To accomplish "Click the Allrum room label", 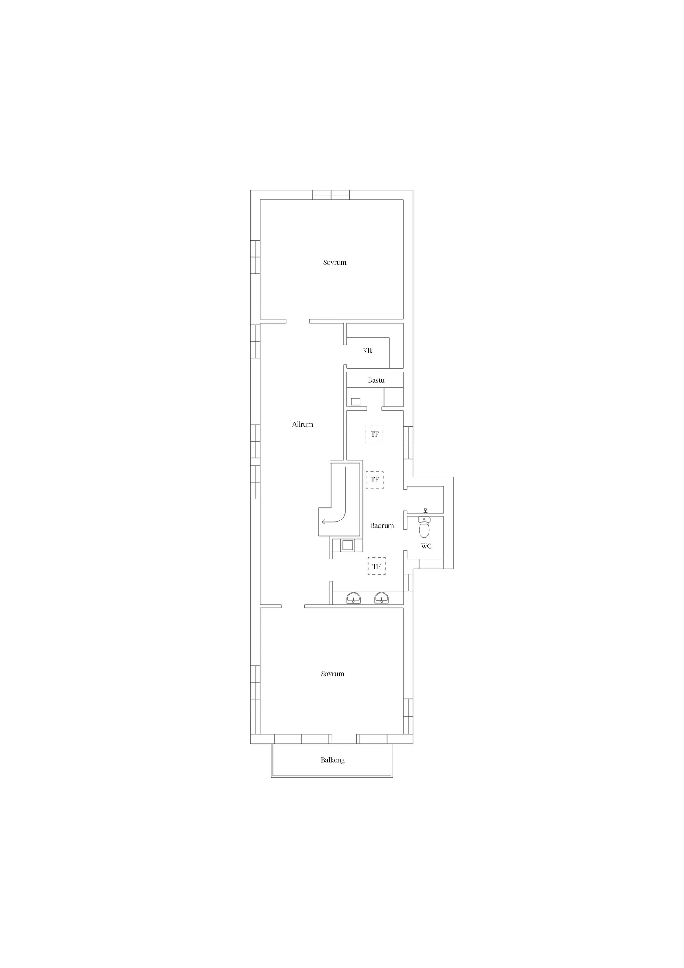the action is pyautogui.click(x=302, y=425).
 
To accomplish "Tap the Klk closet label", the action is pyautogui.click(x=368, y=351).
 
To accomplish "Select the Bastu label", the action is pyautogui.click(x=376, y=380).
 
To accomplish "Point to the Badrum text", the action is pyautogui.click(x=382, y=525).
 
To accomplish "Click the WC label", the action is pyautogui.click(x=426, y=546).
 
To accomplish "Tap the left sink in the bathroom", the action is pyautogui.click(x=354, y=598).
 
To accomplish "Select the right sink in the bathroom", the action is pyautogui.click(x=381, y=598).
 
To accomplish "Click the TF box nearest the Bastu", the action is pyautogui.click(x=374, y=434).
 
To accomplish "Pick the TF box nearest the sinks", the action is pyautogui.click(x=376, y=567).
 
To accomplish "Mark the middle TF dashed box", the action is pyautogui.click(x=375, y=480).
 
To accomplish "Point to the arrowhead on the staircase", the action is pyautogui.click(x=323, y=522).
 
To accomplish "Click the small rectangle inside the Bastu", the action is pyautogui.click(x=355, y=402).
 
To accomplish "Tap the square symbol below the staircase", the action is pyautogui.click(x=347, y=545).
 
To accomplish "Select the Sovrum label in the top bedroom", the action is pyautogui.click(x=335, y=262).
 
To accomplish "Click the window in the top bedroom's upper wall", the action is pyautogui.click(x=331, y=195).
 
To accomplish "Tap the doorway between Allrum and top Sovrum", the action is pyautogui.click(x=298, y=321).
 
